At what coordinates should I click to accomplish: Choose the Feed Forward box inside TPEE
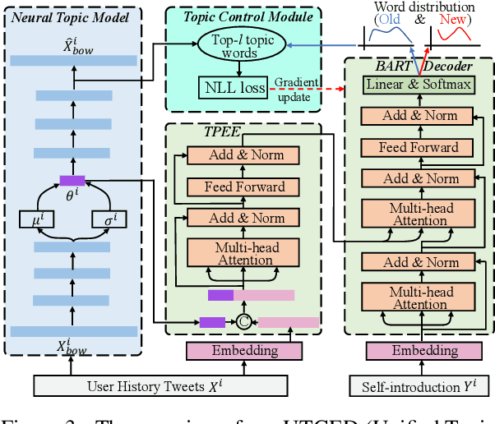click(244, 187)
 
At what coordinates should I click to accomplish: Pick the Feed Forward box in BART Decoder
click(419, 147)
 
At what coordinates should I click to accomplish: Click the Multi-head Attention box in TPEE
click(244, 253)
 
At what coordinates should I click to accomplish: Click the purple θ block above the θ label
click(72, 180)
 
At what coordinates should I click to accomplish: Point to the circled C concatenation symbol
click(243, 322)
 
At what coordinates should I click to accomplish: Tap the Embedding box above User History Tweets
click(243, 351)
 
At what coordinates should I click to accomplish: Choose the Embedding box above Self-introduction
click(419, 351)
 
